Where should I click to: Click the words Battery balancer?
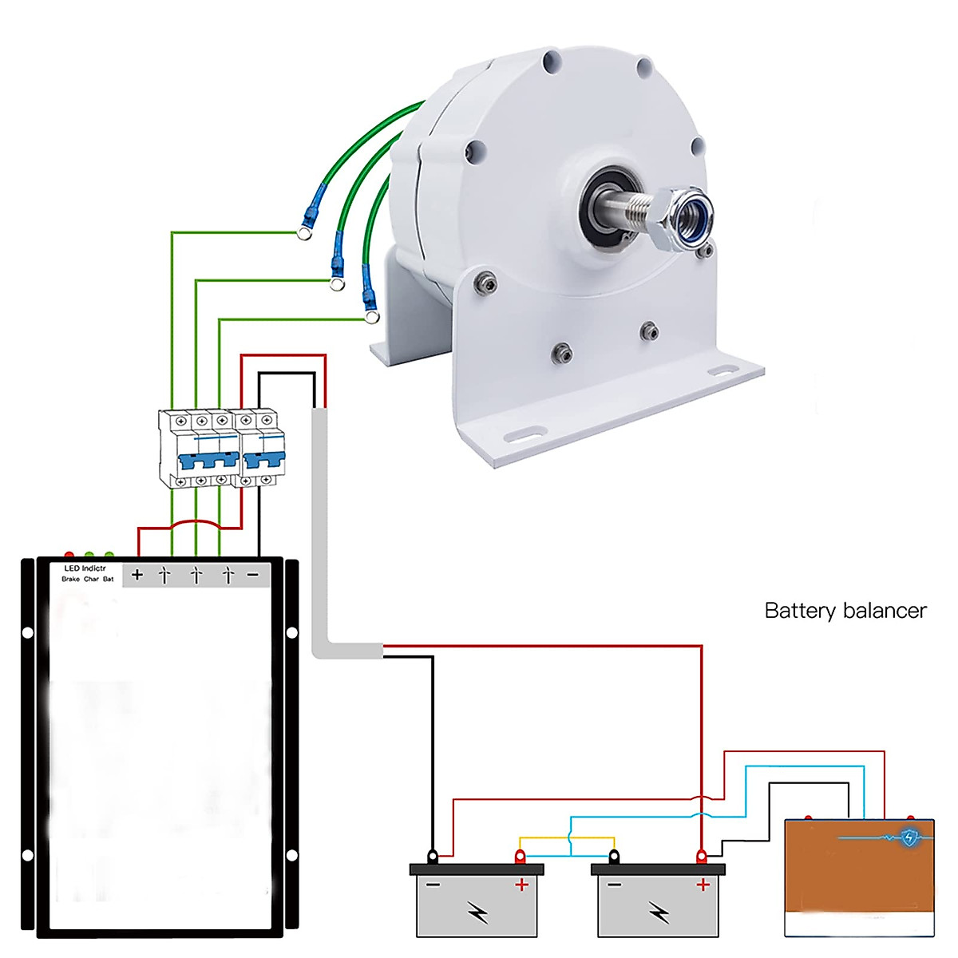845,611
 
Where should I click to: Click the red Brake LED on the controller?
69,555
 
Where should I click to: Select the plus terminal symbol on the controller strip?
137,575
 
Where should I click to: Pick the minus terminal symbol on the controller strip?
252,575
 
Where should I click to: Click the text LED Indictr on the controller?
85,568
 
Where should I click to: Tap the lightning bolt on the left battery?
478,912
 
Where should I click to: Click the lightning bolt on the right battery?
659,912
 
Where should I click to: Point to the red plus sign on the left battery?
521,885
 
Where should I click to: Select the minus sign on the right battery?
615,885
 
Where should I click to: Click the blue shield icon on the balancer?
909,837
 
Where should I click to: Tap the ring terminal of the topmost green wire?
304,232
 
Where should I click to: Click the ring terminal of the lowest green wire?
372,316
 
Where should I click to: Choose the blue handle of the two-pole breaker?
264,461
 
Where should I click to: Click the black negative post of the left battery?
433,857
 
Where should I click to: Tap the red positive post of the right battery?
702,857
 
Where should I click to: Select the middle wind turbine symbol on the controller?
196,575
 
